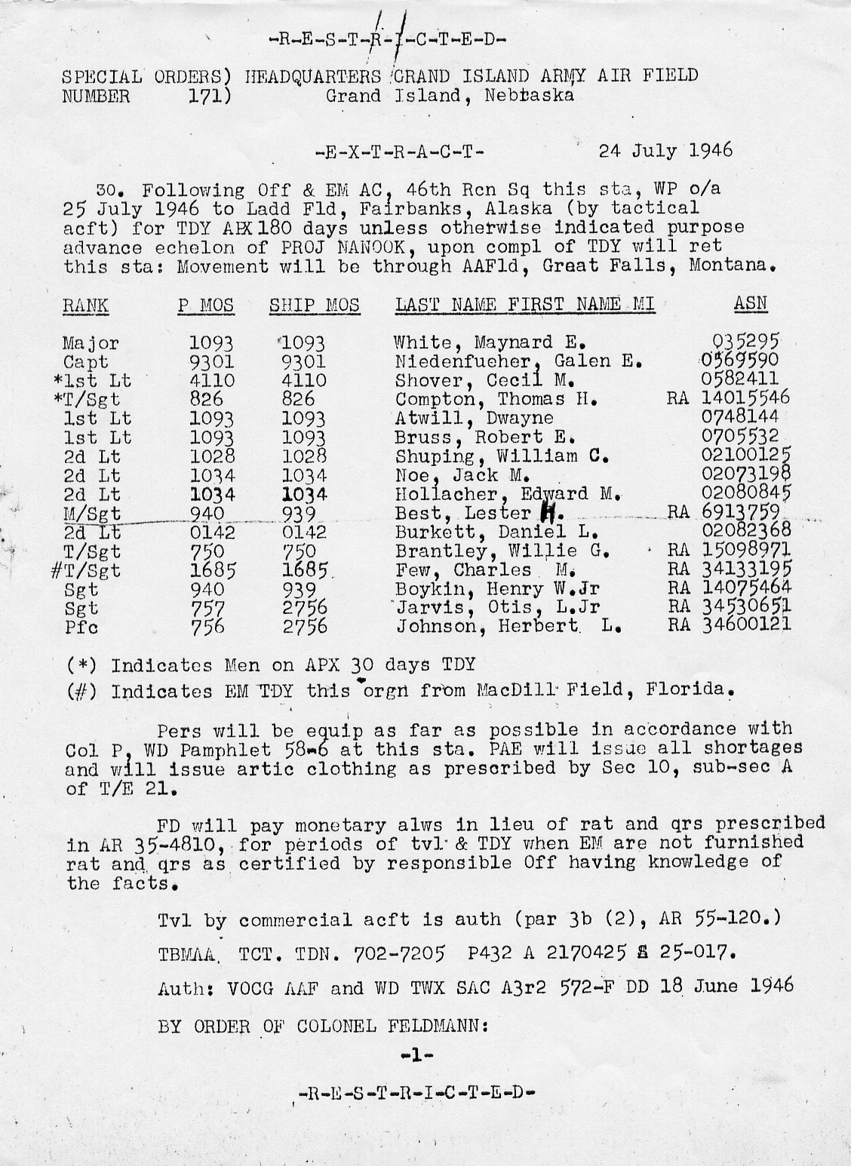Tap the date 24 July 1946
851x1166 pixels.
(665, 150)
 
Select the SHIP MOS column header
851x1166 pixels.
(315, 305)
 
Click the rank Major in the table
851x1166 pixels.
(91, 344)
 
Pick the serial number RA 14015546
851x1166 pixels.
(728, 397)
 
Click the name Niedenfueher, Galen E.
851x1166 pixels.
(518, 361)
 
